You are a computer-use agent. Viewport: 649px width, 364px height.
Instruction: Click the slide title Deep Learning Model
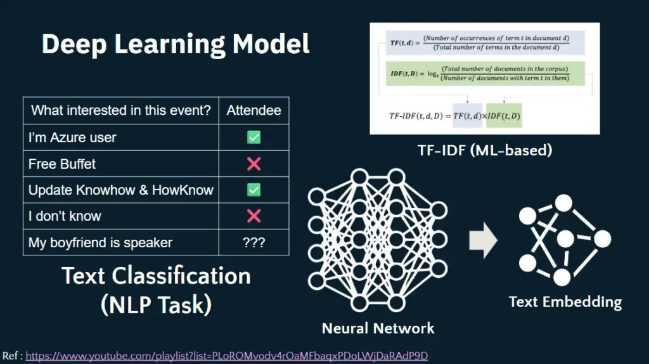176,44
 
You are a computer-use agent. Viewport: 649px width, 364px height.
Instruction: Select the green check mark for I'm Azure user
254,137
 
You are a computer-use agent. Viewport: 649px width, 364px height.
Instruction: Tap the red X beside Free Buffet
254,164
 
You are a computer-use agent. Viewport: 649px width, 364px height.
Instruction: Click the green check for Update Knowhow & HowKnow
254,190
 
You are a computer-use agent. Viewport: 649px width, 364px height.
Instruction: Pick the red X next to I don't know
254,216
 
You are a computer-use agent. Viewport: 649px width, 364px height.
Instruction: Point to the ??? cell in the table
254,242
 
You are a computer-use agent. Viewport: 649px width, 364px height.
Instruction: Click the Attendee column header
254,110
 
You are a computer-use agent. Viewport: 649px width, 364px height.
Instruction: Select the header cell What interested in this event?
120,110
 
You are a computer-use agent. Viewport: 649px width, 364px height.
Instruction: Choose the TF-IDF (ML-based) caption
485,150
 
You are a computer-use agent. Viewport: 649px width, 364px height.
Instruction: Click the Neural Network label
378,328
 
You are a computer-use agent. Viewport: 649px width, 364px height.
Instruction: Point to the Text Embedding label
565,301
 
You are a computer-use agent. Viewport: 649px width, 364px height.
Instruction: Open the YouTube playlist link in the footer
226,356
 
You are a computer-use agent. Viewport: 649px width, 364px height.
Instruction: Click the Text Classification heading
156,276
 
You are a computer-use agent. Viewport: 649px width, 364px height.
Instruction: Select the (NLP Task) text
156,304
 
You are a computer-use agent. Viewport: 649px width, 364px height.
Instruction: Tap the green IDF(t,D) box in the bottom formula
504,116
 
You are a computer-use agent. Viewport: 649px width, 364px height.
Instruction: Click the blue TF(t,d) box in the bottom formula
468,116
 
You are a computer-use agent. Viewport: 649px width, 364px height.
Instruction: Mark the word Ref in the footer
10,356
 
